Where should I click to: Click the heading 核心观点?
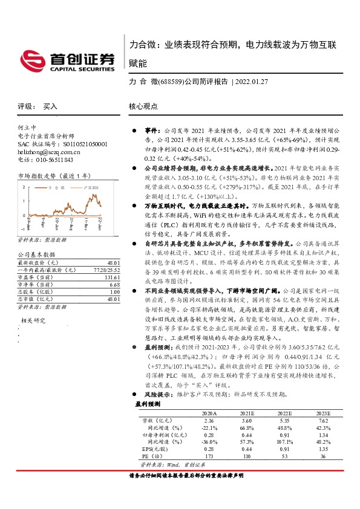coord(143,106)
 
